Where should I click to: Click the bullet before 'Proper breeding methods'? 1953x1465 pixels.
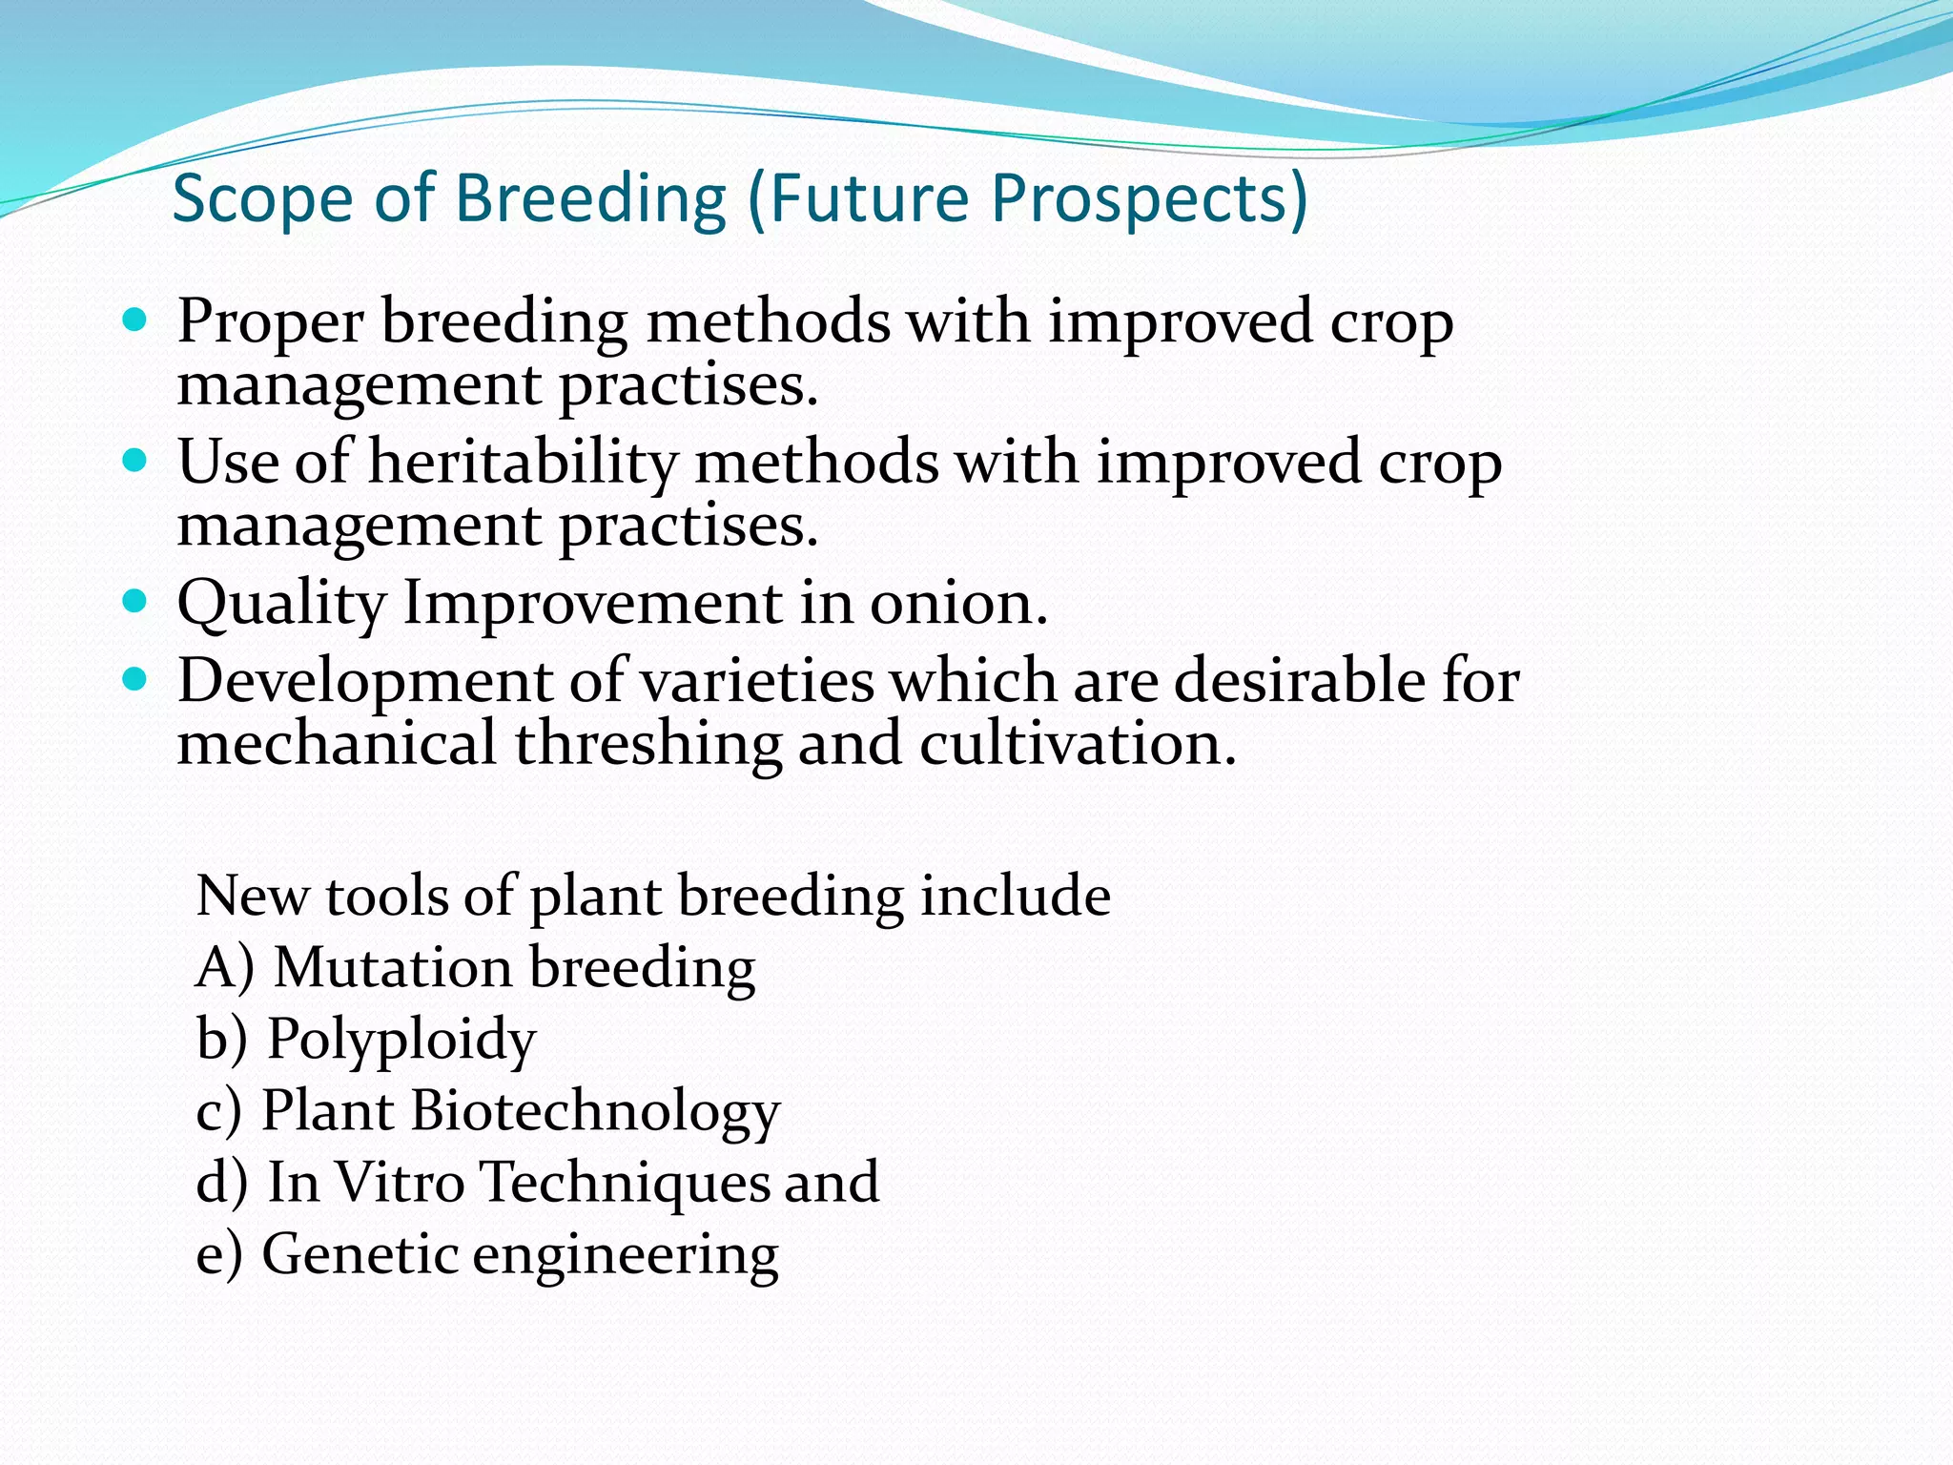(x=135, y=320)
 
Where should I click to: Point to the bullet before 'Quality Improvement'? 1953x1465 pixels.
(x=135, y=602)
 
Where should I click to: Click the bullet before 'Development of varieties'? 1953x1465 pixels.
(x=135, y=680)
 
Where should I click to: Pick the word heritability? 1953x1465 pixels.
(x=522, y=463)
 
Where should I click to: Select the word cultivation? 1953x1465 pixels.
(x=1077, y=743)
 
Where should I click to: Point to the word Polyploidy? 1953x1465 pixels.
(x=401, y=1040)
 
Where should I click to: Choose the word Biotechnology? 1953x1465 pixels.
(x=595, y=1111)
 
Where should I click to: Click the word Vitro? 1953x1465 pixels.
(x=400, y=1182)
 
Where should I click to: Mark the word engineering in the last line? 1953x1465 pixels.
(x=626, y=1255)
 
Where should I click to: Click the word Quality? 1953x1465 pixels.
(x=281, y=605)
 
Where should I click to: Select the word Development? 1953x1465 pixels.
(x=364, y=682)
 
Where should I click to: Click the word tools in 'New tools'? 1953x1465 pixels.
(x=387, y=897)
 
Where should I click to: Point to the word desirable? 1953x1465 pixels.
(x=1298, y=681)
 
